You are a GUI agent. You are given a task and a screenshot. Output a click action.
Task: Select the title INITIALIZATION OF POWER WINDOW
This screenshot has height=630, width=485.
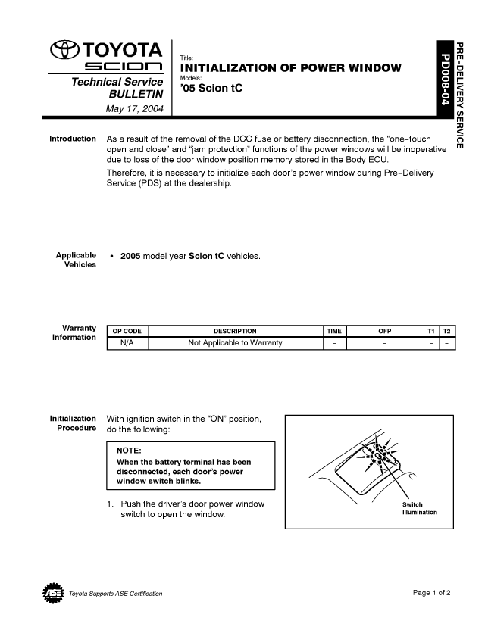tap(290, 68)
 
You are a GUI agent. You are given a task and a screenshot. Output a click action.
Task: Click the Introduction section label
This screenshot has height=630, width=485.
tap(73, 139)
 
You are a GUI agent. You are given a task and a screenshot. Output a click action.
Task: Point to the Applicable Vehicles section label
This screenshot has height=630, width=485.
tap(76, 260)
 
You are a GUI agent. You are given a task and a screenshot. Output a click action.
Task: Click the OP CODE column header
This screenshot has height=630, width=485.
tap(127, 331)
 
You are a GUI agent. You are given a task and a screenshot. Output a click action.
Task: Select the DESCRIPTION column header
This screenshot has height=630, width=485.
tap(235, 331)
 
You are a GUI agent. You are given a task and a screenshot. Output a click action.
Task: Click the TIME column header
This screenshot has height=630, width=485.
tap(334, 331)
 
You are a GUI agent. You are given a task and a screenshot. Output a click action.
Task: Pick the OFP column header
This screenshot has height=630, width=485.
tap(385, 331)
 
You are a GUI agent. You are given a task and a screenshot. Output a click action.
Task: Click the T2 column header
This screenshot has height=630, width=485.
tap(447, 331)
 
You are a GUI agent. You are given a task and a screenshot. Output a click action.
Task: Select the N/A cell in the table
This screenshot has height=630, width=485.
tap(127, 343)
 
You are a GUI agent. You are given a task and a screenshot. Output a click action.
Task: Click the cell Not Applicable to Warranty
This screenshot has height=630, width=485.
tap(235, 343)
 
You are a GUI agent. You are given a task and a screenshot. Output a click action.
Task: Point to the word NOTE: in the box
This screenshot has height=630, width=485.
tap(129, 451)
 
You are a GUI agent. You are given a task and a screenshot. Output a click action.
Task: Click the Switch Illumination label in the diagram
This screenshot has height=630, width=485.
tap(419, 508)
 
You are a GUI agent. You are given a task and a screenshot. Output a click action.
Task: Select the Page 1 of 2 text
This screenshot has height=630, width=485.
tap(432, 592)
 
